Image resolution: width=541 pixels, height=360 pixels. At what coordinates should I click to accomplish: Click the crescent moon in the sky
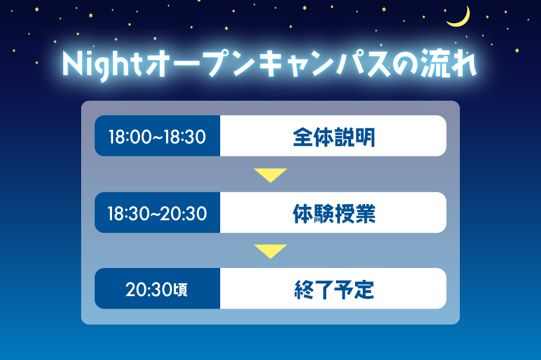(459, 18)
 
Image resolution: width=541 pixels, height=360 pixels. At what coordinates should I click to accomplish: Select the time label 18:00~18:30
(157, 136)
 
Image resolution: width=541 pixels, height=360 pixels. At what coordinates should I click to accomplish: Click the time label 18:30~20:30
(157, 213)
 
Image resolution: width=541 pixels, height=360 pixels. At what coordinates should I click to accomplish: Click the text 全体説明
(333, 136)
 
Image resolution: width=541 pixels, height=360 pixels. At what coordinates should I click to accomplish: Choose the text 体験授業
(333, 213)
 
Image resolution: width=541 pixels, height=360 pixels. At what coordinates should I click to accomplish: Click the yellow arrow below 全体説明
(270, 174)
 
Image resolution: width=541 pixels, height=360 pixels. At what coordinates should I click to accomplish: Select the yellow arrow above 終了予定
(270, 250)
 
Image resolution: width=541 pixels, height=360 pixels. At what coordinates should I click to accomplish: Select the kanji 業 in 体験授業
(365, 213)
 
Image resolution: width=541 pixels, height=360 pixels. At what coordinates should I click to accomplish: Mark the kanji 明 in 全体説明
(365, 136)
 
